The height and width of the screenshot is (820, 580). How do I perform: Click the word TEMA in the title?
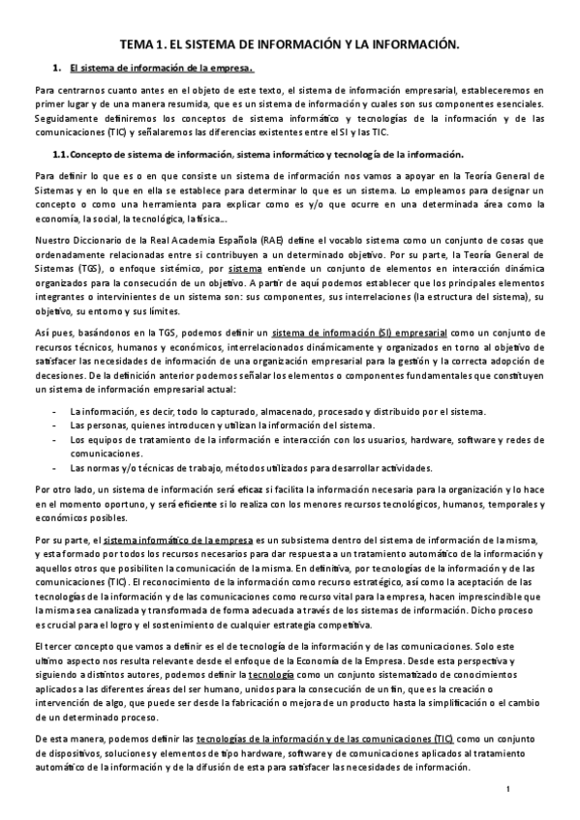tap(135, 44)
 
